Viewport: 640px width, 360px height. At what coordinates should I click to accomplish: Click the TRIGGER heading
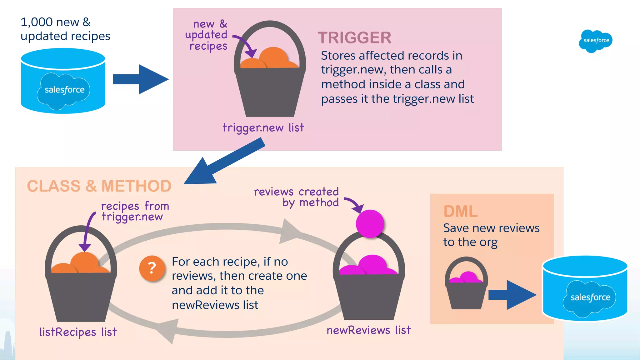point(354,38)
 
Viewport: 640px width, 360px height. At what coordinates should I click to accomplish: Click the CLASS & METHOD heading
point(99,186)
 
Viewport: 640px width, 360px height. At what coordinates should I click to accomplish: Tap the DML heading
point(460,212)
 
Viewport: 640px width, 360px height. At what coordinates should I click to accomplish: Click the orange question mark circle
point(152,268)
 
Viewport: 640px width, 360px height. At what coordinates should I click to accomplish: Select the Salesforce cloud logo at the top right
point(595,41)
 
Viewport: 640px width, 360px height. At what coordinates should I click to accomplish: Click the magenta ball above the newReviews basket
point(370,223)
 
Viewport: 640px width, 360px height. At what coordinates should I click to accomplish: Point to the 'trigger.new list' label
point(263,127)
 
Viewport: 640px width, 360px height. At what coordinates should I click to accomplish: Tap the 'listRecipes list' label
point(78,332)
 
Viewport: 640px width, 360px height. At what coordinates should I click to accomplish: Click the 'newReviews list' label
point(368,330)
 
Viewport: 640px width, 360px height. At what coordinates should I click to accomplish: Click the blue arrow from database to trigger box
point(141,79)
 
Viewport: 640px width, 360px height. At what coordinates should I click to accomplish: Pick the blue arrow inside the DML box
point(512,295)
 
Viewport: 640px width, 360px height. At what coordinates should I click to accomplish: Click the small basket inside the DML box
point(466,287)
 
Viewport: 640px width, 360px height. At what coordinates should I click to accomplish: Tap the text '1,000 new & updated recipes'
point(65,29)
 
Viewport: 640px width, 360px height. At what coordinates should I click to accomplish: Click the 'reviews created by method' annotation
point(296,197)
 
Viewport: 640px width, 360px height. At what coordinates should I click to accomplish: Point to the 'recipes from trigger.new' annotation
point(135,211)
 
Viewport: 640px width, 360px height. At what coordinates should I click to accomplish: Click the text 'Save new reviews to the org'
point(491,235)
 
